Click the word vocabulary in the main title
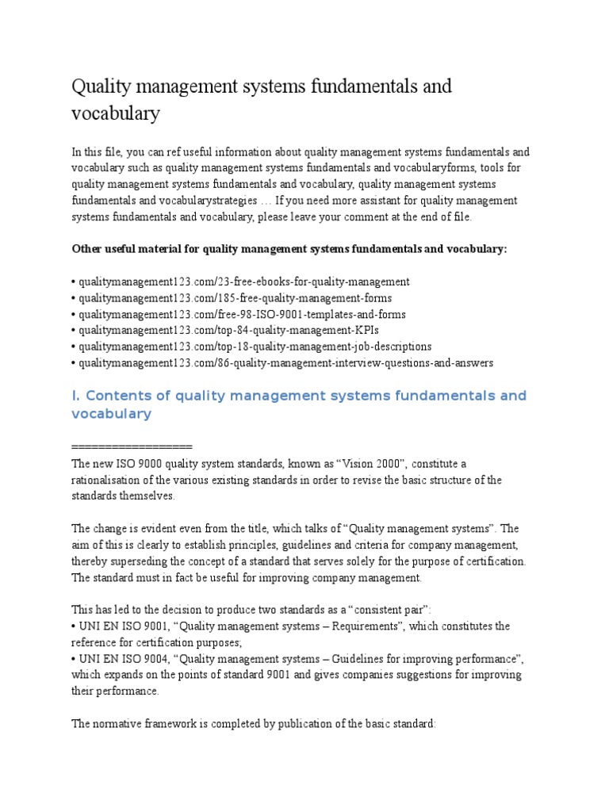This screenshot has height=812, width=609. [x=116, y=113]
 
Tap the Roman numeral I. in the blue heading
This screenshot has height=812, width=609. [x=76, y=395]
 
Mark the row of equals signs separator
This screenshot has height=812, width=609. [x=132, y=446]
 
